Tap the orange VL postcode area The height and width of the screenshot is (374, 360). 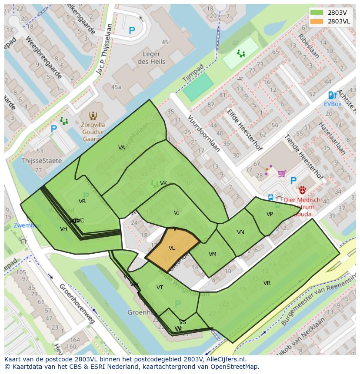point(172,248)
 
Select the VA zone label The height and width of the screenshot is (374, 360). point(122,148)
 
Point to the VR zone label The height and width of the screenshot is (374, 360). point(267,283)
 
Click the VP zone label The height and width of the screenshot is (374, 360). point(270,214)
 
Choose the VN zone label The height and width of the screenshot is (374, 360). point(240,232)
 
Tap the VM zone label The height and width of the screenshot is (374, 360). point(213,254)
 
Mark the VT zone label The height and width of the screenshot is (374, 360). point(160,288)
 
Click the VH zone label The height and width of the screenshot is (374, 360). point(63,229)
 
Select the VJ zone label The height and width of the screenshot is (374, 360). point(177,213)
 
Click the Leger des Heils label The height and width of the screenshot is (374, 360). point(151,58)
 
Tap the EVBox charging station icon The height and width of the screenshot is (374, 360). point(332,95)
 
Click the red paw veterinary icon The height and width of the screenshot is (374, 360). point(302,190)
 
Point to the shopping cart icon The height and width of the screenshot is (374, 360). point(282,174)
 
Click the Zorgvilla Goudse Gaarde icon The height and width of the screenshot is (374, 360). point(93,116)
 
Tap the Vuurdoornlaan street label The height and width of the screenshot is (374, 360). point(203,133)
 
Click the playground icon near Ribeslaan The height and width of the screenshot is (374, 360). point(240,53)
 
